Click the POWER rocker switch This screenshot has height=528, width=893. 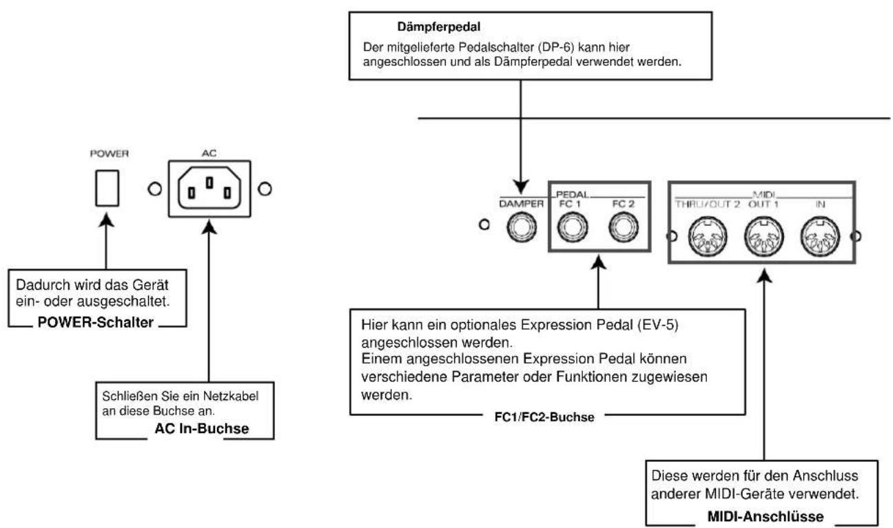[x=107, y=189]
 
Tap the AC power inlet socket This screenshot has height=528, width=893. [x=209, y=189]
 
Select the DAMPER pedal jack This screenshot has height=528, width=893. [x=522, y=227]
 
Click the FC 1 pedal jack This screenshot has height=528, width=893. [x=573, y=227]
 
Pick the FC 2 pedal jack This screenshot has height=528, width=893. [x=624, y=227]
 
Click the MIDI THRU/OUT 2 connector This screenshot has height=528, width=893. [x=708, y=237]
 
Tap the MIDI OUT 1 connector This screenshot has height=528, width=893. [x=764, y=237]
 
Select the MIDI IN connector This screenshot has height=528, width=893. [x=820, y=237]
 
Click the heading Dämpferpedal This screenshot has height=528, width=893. [x=438, y=27]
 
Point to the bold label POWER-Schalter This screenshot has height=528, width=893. [x=96, y=322]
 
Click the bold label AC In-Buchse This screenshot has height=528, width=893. [x=202, y=428]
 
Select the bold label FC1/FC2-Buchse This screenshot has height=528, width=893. [x=544, y=417]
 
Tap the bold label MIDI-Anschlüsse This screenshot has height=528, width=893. [x=766, y=516]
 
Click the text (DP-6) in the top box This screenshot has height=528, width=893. [x=555, y=47]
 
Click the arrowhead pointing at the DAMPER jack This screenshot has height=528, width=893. [x=521, y=187]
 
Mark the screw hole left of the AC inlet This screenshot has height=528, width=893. [x=154, y=189]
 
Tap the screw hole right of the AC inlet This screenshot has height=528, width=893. [x=265, y=189]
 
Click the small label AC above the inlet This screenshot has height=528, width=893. [x=209, y=154]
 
